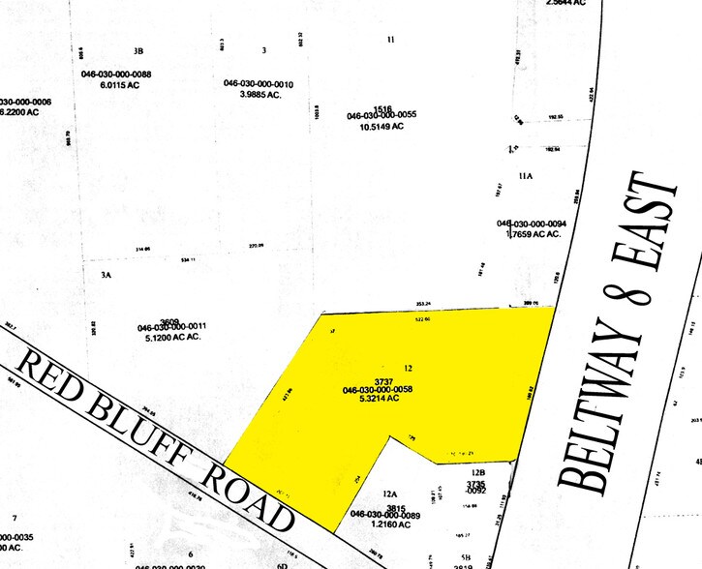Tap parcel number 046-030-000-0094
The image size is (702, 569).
coord(532,224)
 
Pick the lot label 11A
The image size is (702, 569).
coord(526,177)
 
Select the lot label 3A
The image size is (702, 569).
coord(107,275)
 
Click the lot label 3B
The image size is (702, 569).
coord(138,50)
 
